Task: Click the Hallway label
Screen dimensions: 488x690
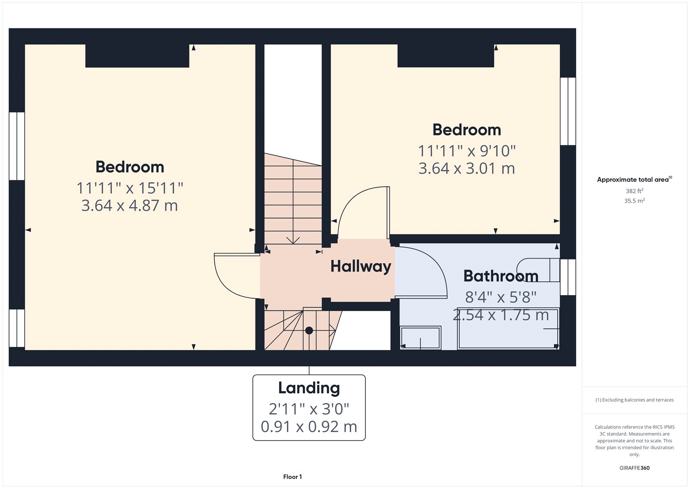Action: (361, 266)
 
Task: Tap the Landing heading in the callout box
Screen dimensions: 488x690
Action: (309, 388)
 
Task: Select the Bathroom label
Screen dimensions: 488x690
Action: (501, 276)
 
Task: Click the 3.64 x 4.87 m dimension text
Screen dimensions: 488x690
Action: (129, 206)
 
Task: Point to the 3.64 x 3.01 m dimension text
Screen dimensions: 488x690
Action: (467, 168)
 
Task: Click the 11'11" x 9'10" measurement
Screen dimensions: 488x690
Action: (467, 151)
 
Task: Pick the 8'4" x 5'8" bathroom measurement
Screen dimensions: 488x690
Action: (500, 297)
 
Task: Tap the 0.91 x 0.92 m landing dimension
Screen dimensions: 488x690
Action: (309, 427)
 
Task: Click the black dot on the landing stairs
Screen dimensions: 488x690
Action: (309, 331)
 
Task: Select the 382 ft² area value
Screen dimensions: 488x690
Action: (634, 191)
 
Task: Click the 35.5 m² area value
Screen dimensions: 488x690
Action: (634, 201)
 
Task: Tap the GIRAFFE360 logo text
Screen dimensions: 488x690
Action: (634, 468)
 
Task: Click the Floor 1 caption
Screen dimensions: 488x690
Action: (292, 477)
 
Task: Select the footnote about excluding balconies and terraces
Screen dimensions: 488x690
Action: (634, 400)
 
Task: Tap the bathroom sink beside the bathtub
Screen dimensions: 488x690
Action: (420, 337)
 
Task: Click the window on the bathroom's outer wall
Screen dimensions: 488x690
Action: (568, 277)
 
